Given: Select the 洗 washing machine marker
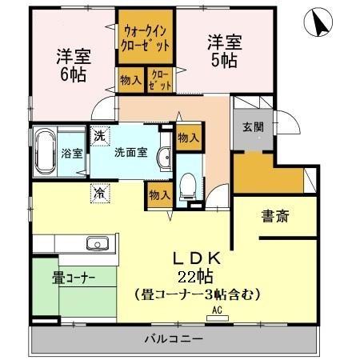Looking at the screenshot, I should pos(98,136).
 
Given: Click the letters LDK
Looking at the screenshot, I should pos(198,258).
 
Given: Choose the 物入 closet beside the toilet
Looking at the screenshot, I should pos(159,194).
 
